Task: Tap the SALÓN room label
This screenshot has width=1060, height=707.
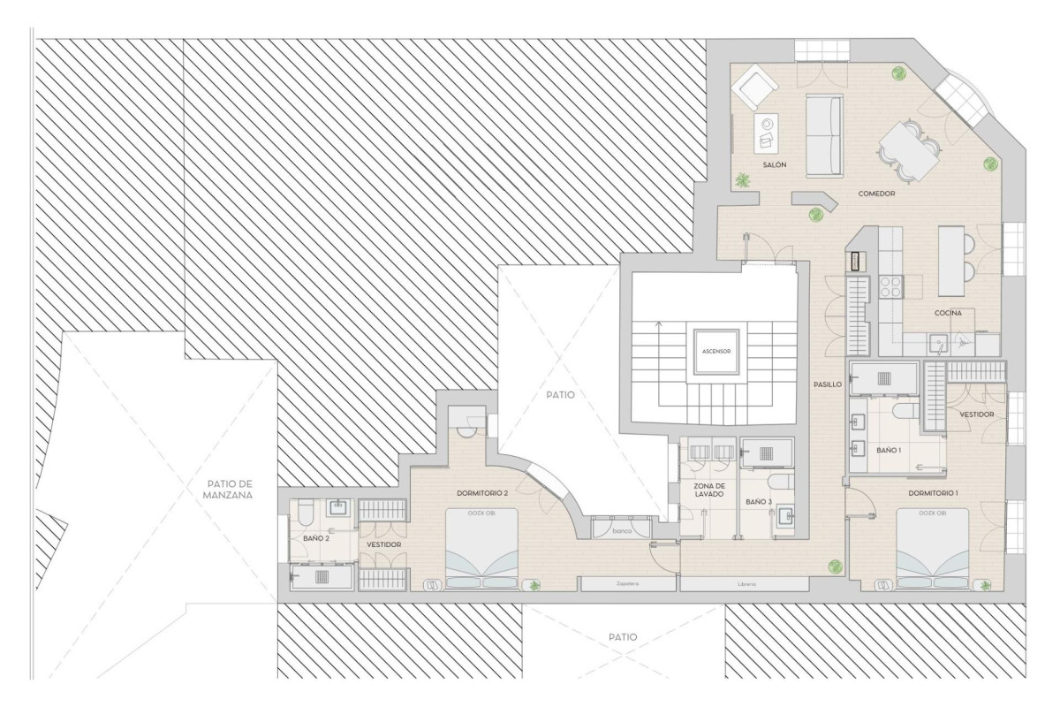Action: pos(774,165)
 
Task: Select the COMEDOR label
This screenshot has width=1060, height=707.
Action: pos(876,194)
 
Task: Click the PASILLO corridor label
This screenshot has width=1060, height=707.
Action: pos(827,384)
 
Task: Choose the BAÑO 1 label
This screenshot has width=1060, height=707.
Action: pos(889,451)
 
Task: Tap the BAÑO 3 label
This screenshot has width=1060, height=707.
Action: pos(758,502)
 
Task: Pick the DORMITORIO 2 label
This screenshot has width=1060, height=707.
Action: pos(482,492)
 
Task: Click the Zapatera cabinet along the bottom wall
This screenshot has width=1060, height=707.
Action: pos(627,584)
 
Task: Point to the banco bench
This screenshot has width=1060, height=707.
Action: pos(623,531)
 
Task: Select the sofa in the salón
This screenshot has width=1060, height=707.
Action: pos(823,135)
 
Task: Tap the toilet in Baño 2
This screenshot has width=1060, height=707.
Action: pos(303,512)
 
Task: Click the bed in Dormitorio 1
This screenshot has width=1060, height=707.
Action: pos(932,548)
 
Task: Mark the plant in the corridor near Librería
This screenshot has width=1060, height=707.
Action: pos(832,566)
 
